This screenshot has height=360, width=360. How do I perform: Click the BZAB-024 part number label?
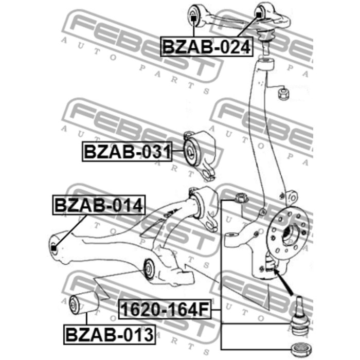click(x=206, y=47)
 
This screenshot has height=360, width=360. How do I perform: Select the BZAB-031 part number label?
click(x=127, y=152)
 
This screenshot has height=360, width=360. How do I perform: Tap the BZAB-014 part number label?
click(x=99, y=205)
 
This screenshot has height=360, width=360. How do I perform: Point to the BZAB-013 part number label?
click(x=110, y=334)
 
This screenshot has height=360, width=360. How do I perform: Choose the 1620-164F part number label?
click(x=165, y=310)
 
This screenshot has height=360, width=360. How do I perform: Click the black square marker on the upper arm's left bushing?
click(x=193, y=18)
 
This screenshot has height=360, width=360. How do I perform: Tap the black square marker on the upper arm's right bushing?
click(x=259, y=14)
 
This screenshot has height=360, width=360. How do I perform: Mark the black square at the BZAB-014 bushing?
click(x=53, y=248)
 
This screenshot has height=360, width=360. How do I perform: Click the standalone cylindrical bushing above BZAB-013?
click(x=84, y=302)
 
